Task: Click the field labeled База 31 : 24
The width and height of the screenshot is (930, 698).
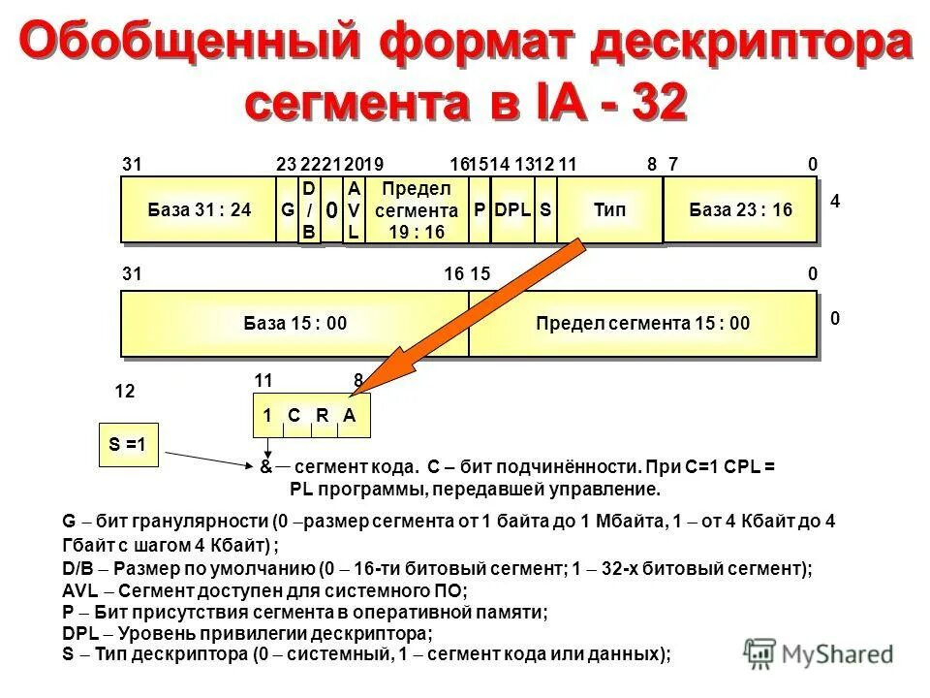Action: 199,209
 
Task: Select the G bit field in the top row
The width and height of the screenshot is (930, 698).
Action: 287,209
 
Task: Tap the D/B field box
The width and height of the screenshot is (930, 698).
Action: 309,209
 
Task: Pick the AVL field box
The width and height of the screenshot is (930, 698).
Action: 354,209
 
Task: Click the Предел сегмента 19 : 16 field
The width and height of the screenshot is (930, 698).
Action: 417,209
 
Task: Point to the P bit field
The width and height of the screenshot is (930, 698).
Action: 480,209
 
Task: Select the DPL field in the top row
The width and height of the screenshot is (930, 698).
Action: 512,209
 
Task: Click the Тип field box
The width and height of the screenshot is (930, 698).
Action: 609,209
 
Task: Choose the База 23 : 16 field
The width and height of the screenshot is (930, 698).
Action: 740,209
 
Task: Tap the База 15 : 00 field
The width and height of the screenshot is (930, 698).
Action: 294,324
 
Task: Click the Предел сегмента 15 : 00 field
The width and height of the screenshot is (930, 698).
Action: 642,324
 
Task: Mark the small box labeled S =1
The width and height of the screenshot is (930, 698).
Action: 128,445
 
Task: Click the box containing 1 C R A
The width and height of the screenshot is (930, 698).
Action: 311,415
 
